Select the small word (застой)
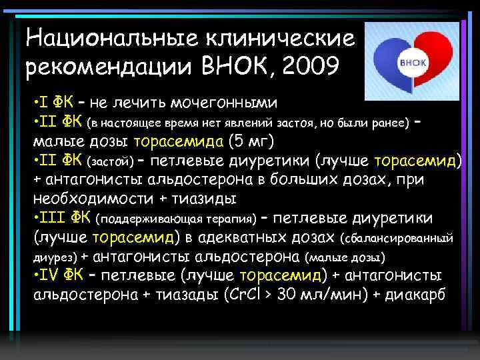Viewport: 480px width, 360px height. [x=111, y=161]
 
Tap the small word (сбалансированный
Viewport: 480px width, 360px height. [x=398, y=238]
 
